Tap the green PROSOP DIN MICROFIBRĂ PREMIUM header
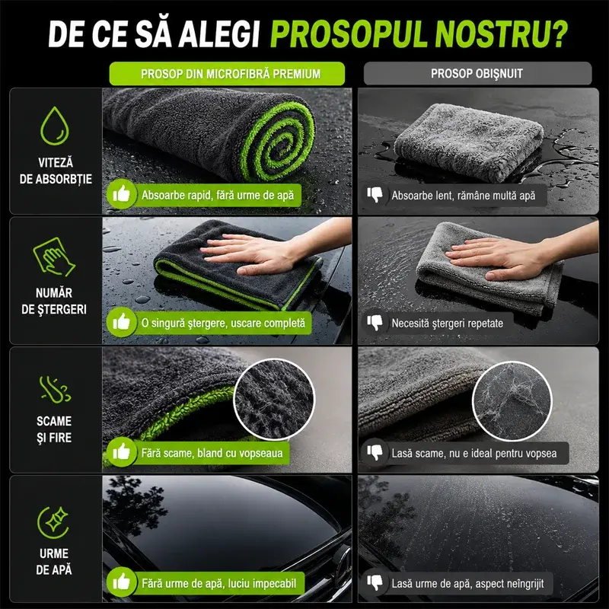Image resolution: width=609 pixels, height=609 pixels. (227, 73)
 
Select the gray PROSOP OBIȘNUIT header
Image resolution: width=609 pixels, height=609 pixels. (477, 73)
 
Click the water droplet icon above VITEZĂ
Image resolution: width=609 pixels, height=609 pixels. (54, 126)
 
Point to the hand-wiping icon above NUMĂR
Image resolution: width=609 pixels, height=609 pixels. (53, 257)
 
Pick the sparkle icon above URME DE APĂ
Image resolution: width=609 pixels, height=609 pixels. (53, 522)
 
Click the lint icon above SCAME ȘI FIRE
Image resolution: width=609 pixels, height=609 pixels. (54, 389)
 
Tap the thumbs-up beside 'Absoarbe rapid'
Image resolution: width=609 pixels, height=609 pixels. (122, 194)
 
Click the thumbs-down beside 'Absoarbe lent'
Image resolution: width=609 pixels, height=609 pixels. (375, 195)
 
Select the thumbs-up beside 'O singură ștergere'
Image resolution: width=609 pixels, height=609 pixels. (122, 322)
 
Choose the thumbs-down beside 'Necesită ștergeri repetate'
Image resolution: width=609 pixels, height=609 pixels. (375, 322)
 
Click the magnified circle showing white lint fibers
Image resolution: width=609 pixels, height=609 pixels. (512, 401)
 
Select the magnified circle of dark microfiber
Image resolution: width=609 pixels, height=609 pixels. (274, 399)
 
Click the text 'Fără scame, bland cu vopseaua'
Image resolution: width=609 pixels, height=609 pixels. (212, 453)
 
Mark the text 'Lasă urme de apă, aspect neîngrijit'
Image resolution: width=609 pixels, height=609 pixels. (467, 583)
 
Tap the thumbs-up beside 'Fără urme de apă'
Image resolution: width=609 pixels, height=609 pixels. (122, 582)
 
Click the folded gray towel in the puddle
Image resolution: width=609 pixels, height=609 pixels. (469, 142)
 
